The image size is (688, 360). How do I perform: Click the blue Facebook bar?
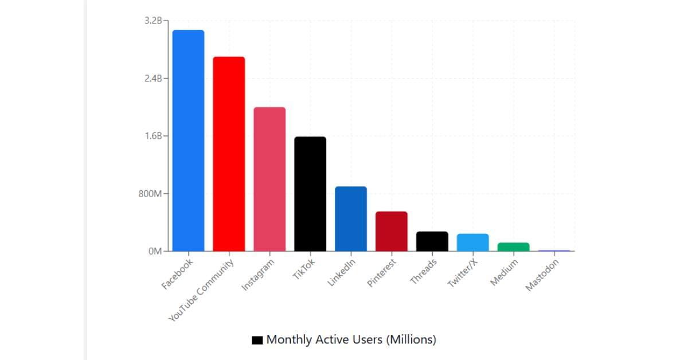188,140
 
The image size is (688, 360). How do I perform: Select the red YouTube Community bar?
229,154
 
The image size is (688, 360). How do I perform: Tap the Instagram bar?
269,179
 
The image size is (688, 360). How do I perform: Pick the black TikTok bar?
310,194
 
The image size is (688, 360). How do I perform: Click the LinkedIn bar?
351,218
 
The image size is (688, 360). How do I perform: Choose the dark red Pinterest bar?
392,231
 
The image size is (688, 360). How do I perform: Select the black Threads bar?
432,241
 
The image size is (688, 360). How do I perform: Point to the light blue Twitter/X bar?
472,242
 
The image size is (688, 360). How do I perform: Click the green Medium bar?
513,247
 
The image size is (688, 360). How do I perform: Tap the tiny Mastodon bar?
554,251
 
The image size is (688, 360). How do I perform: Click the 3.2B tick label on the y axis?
154,21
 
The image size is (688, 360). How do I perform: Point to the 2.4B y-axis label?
154,79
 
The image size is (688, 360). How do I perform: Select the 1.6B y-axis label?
154,136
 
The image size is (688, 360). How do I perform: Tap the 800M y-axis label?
151,194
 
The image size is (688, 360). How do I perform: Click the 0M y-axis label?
156,251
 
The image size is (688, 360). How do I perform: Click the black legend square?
257,340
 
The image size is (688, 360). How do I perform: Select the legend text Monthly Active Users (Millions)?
351,339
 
